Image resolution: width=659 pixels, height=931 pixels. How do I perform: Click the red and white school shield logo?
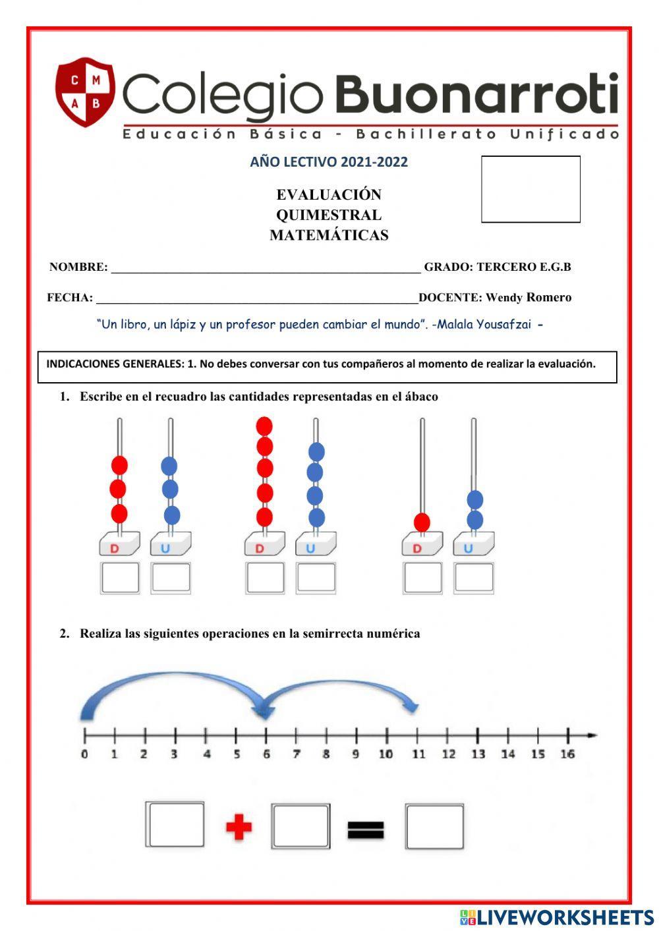(x=85, y=92)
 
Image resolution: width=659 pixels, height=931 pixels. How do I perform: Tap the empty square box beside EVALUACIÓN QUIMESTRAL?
(x=530, y=189)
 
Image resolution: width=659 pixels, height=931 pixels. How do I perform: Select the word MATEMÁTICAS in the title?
(x=329, y=235)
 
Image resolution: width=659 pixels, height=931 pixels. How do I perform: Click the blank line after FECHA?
(x=257, y=298)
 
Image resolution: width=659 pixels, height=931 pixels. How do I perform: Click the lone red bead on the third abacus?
(x=422, y=522)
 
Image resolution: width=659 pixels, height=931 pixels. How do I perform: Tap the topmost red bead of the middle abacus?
(x=264, y=426)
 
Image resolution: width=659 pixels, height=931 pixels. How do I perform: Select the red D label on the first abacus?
(x=115, y=548)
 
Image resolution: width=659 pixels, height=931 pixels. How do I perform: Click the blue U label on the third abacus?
(x=469, y=548)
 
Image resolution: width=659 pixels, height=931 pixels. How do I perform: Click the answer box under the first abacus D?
(x=120, y=578)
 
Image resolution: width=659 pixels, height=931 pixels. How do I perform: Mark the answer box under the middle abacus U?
(x=316, y=578)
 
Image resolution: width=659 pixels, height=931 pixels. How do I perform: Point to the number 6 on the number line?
(x=266, y=754)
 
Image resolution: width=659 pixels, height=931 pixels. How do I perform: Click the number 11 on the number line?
(x=418, y=754)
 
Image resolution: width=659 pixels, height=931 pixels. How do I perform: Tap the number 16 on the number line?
(x=567, y=754)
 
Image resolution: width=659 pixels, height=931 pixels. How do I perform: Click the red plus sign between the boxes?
(x=239, y=827)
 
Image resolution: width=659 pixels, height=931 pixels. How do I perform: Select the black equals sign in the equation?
(x=366, y=830)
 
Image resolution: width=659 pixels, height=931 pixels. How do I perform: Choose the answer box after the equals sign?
(x=434, y=826)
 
